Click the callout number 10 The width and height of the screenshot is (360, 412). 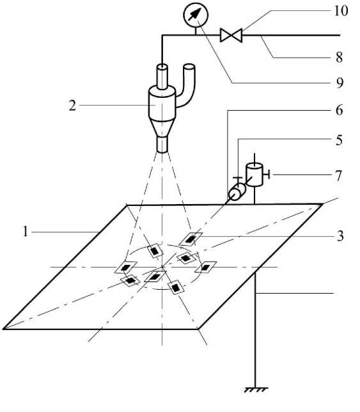point(341,12)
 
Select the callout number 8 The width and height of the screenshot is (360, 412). point(340,57)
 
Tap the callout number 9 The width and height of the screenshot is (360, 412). point(340,83)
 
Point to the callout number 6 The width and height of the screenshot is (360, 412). point(340,110)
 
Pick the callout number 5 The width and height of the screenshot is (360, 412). point(340,140)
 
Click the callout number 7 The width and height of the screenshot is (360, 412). point(339,176)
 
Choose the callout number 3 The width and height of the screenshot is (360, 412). point(340,235)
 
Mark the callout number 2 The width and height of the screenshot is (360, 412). point(72,106)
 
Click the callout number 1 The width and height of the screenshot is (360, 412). point(25,232)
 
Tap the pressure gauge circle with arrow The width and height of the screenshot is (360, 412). point(196,15)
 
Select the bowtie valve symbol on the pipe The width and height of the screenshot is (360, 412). point(231,35)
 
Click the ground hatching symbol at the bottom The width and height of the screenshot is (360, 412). point(256,390)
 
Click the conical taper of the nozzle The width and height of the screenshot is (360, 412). point(162,128)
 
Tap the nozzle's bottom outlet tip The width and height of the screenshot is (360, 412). point(162,145)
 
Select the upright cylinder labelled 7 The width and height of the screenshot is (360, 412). point(254,175)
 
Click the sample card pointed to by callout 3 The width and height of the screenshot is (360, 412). point(191,239)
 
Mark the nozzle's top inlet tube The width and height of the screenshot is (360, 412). point(162,77)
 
